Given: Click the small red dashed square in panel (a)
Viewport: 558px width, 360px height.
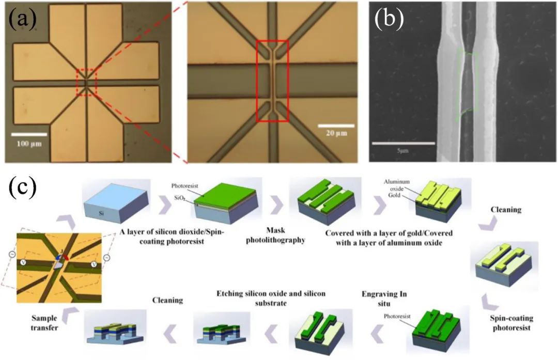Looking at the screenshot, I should click(x=87, y=81).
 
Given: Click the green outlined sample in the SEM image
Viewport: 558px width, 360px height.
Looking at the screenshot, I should click(x=467, y=83).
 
